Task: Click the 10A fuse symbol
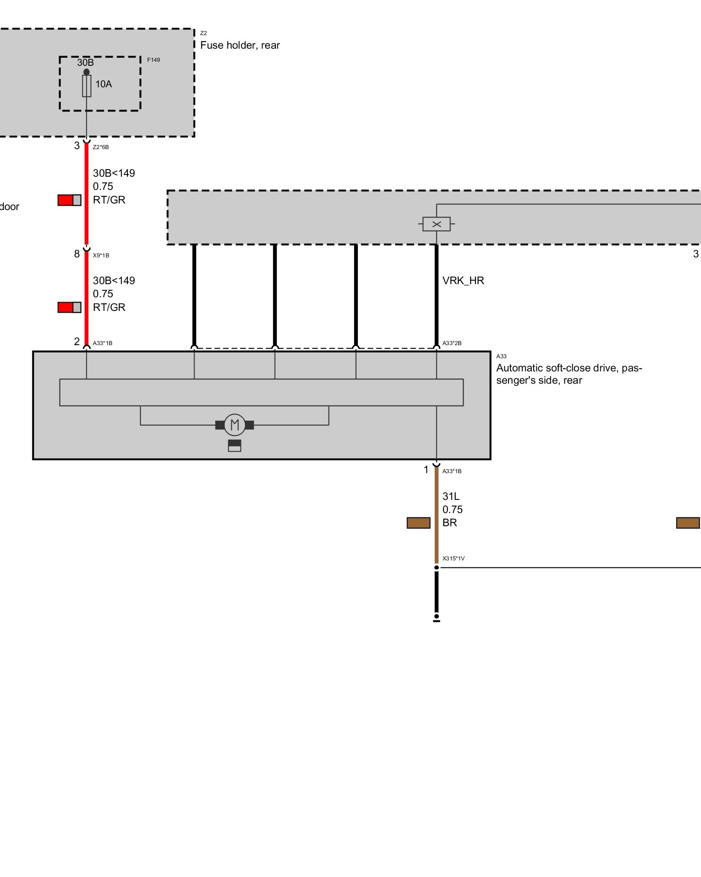87,86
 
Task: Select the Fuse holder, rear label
240,45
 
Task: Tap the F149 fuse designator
153,60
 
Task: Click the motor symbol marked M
234,424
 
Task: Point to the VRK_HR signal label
463,281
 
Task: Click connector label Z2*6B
101,147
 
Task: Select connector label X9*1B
101,255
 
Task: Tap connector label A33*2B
452,343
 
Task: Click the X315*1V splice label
453,559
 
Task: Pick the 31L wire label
451,496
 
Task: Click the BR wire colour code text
450,523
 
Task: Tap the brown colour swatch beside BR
418,523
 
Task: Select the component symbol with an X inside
436,224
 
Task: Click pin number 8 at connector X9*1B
77,254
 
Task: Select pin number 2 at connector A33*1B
77,341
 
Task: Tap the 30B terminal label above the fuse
85,62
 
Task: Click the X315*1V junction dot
436,567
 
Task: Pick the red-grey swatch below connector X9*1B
69,307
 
